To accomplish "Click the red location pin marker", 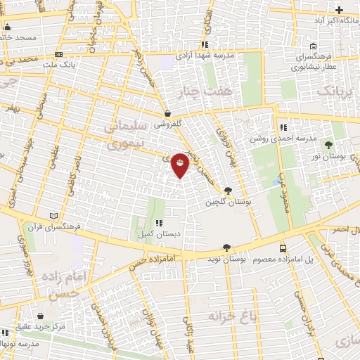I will coord(181,165).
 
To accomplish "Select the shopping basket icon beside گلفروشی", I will coord(167,112).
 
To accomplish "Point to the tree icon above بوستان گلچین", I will coord(227,191).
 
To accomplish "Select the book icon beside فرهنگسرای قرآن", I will coord(55,216).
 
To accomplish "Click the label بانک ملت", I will coord(58,64).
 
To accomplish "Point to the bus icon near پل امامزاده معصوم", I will coord(283,248).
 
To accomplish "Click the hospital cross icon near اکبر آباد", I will coord(340,9).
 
